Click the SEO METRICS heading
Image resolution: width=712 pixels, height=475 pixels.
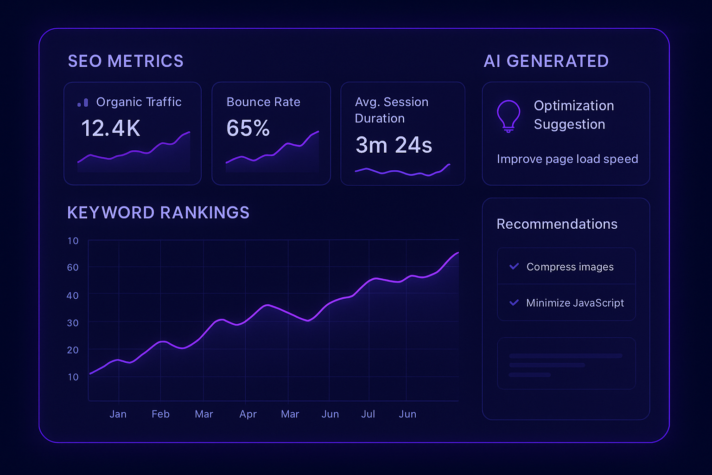coord(126,61)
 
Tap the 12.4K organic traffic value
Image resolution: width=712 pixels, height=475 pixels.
coord(110,128)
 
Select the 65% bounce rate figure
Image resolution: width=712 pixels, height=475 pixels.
coord(248,128)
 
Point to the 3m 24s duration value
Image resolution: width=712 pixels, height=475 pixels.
coord(394,145)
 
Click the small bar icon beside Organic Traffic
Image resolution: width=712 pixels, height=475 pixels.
coord(83,103)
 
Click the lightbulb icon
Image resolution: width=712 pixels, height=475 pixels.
coord(509,116)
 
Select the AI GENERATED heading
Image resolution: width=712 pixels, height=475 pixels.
coord(546,61)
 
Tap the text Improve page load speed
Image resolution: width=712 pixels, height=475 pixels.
coord(567,159)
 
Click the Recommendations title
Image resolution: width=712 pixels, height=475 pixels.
coord(557,224)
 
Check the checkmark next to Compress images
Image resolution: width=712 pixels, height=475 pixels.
coord(514,266)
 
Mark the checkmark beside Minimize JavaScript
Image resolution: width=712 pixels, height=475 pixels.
coord(514,302)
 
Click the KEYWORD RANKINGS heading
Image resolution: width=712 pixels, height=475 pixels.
coord(158,212)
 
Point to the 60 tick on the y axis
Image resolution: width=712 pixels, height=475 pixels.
coord(73,267)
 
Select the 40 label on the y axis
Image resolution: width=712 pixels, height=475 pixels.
coord(73,295)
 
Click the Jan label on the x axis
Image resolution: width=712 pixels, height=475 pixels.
coord(118,414)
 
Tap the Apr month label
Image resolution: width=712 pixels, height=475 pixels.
coord(248,414)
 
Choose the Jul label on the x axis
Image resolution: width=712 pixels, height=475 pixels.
coord(368,414)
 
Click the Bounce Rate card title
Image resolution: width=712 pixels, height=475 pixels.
coord(263,102)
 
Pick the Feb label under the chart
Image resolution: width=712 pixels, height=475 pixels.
coord(160,414)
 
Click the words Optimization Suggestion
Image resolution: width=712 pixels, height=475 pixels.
coord(573,115)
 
